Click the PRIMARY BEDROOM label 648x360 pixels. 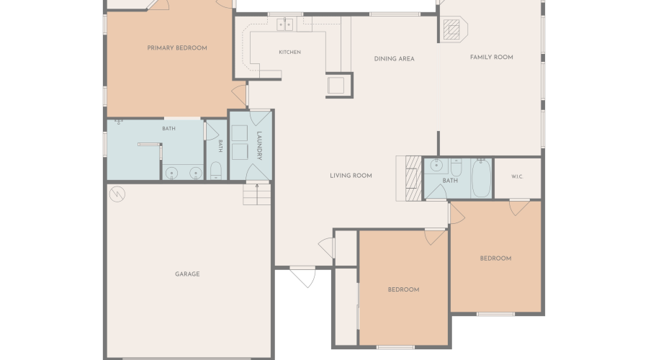click(x=177, y=48)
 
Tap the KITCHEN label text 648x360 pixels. click(x=289, y=52)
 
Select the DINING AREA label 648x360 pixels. click(x=395, y=59)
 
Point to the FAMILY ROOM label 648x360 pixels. click(x=491, y=57)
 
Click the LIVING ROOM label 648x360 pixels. click(x=351, y=176)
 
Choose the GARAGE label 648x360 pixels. click(x=187, y=274)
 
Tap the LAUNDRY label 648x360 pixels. click(x=259, y=145)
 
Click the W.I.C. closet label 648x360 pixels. click(x=518, y=176)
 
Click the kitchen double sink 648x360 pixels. click(x=284, y=24)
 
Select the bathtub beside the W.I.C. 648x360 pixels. click(x=481, y=178)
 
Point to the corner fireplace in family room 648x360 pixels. click(x=453, y=30)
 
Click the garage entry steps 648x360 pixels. click(x=256, y=194)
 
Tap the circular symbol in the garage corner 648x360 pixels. click(x=117, y=194)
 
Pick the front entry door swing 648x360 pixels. click(x=304, y=277)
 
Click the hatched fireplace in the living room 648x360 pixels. click(x=413, y=178)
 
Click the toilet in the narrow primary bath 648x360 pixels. click(x=216, y=171)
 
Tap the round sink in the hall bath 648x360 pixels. click(x=436, y=166)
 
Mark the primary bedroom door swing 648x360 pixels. click(x=239, y=95)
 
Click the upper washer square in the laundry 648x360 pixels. click(x=240, y=133)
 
